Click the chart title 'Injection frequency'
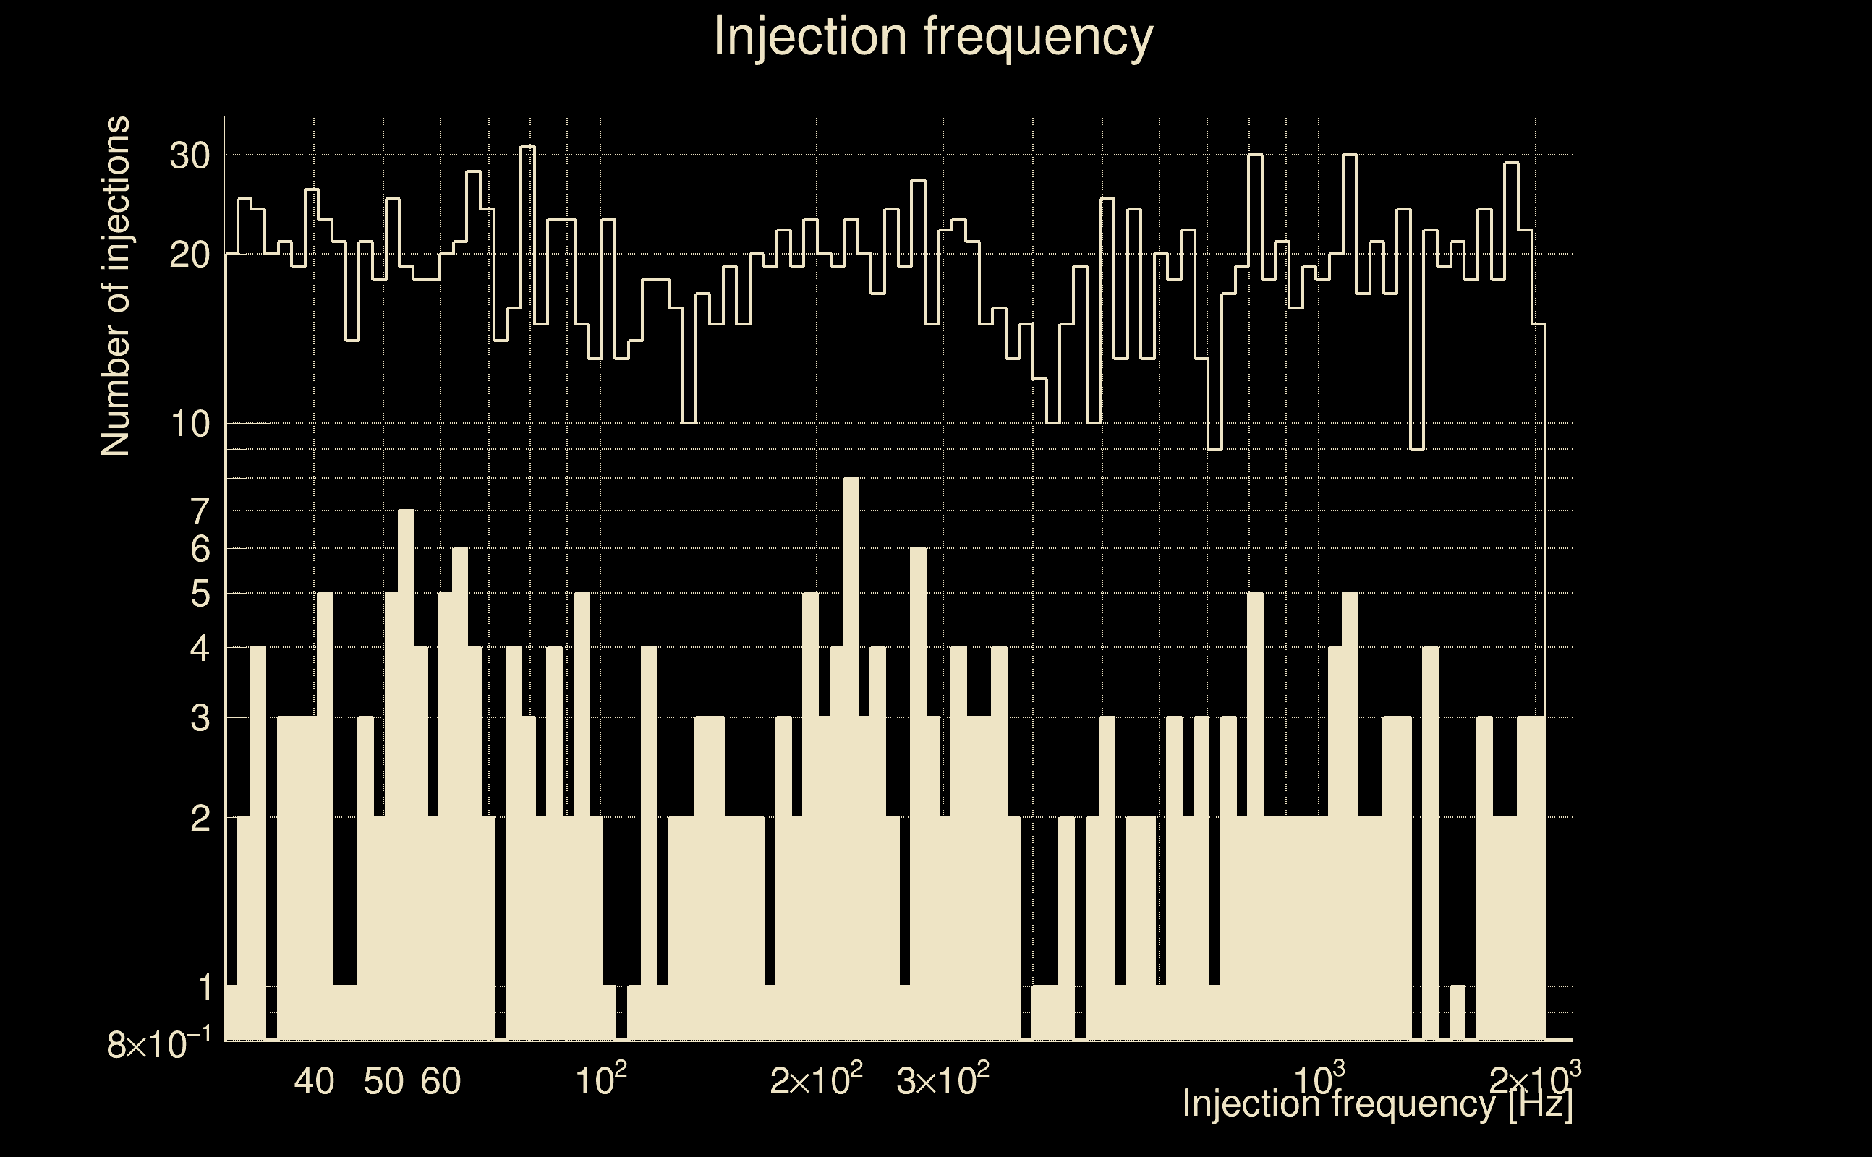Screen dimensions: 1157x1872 click(x=933, y=36)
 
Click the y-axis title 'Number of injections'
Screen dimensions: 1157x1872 click(x=115, y=286)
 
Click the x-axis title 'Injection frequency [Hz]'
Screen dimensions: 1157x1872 click(x=1377, y=1103)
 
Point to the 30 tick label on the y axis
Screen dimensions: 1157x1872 click(x=189, y=156)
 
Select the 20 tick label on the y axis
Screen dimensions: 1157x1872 click(x=189, y=255)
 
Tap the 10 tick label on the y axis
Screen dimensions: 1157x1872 click(x=189, y=424)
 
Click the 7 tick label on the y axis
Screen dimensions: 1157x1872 click(x=200, y=511)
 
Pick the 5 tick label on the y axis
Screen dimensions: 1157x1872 click(x=200, y=594)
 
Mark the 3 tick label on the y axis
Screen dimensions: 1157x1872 click(x=200, y=719)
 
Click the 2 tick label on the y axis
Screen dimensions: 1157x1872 click(x=200, y=819)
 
